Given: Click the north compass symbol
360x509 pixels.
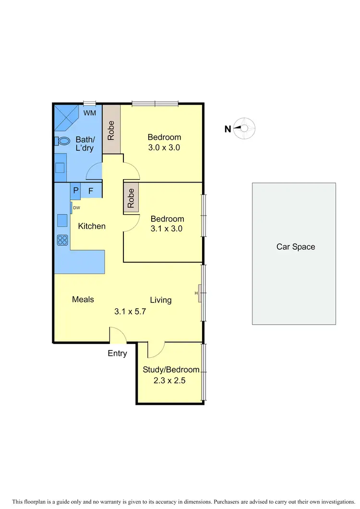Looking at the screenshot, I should point(244,128).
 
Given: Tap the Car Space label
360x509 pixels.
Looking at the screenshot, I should point(296,247).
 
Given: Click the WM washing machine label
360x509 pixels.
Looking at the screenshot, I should point(90,113).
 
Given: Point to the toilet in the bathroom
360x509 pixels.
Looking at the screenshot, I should point(62,141).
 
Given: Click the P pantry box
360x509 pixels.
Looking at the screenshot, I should point(76,191).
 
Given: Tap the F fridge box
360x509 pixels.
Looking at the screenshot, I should point(91,191).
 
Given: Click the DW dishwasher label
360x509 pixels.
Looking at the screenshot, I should point(76,207).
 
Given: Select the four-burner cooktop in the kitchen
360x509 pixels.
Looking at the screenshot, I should point(62,239).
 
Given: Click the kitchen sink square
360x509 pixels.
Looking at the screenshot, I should point(62,220).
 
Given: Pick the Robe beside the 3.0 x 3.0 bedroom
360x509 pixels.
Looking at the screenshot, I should point(111,130).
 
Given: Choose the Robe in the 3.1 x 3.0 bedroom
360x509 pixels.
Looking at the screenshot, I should point(131,197).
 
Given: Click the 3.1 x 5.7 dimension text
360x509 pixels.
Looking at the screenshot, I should point(130,311).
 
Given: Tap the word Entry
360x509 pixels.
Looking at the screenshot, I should point(117,353).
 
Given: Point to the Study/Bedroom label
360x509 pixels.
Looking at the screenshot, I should point(171,370).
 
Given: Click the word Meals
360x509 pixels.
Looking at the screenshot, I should point(83,300).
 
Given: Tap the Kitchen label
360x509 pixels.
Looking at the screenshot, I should point(92,226).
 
